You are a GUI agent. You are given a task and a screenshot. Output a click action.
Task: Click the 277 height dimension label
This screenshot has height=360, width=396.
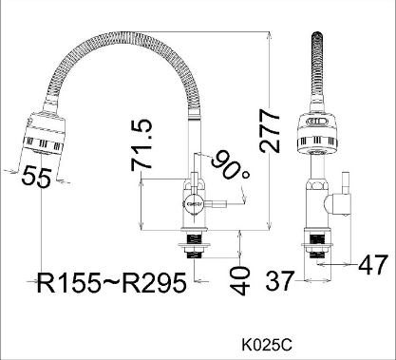point(270,131)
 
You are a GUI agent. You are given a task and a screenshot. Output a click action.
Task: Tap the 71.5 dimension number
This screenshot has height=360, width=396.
point(141,145)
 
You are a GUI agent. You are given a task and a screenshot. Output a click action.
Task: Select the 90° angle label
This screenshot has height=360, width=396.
point(230,165)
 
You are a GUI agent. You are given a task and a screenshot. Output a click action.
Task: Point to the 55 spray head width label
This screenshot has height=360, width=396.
point(36,177)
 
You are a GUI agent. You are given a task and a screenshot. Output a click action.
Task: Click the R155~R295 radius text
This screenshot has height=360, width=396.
point(111,282)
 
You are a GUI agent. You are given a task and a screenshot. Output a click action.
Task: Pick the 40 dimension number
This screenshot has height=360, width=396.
point(239,280)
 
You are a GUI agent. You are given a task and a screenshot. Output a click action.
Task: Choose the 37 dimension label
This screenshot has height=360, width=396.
point(280,280)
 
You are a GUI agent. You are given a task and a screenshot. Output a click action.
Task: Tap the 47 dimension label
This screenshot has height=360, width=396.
point(373,264)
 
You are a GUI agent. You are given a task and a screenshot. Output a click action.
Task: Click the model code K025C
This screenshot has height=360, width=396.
point(267,345)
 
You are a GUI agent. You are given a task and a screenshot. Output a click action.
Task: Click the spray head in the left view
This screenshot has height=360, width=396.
point(44,133)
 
